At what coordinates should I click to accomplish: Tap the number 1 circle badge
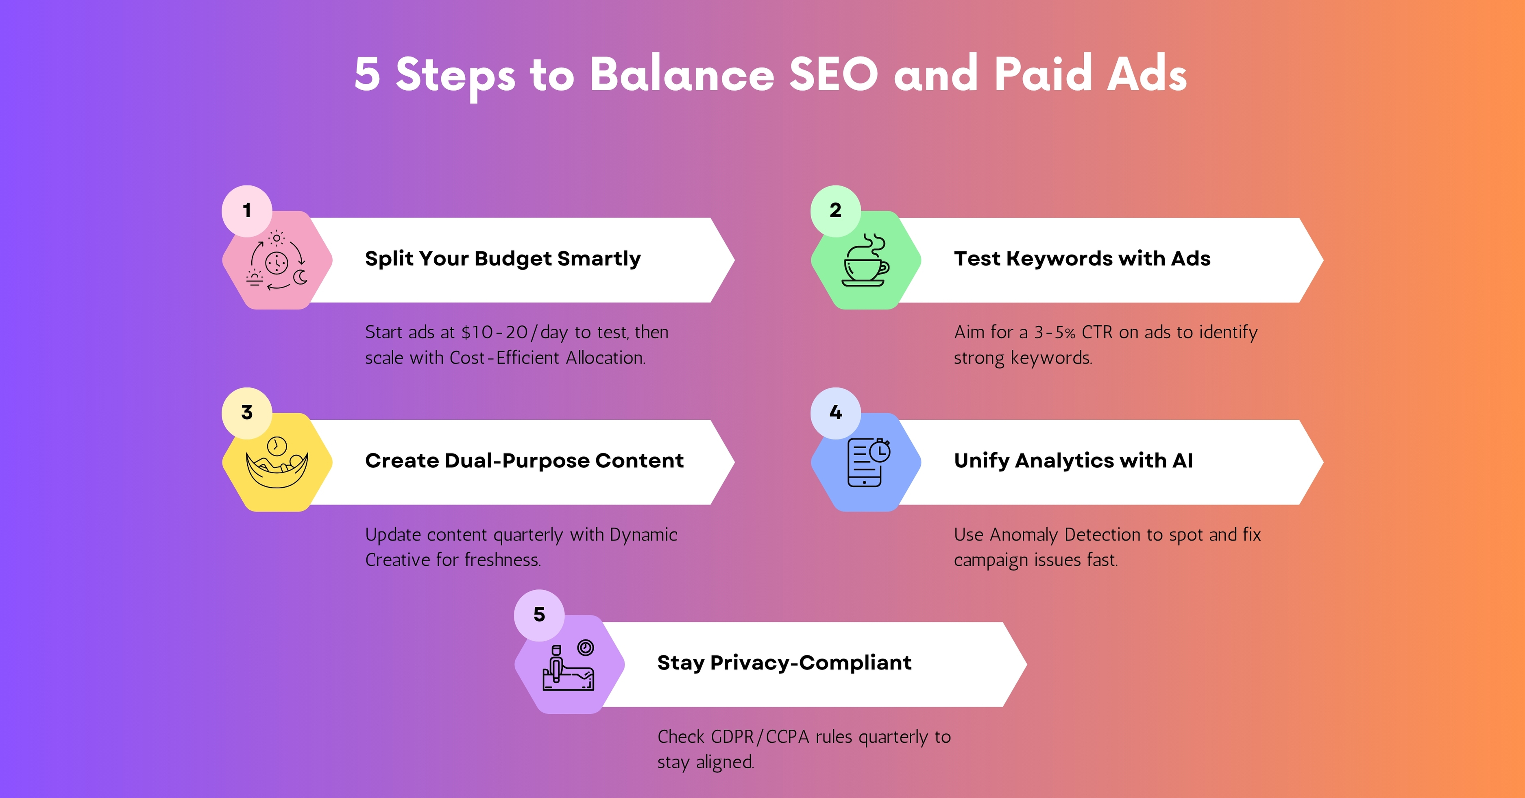247,210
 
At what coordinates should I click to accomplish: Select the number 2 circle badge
835,210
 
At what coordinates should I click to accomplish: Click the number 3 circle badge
247,412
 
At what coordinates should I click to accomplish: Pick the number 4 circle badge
835,412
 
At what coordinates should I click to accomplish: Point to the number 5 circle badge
539,615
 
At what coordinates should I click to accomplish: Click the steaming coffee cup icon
865,260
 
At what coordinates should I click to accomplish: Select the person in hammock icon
277,462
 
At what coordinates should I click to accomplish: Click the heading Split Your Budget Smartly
503,259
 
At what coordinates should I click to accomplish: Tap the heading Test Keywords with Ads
1082,259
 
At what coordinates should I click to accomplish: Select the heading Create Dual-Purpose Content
524,460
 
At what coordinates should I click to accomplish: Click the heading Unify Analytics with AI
1073,460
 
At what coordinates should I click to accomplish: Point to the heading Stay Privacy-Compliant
784,663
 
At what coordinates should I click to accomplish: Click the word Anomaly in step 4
1023,534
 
